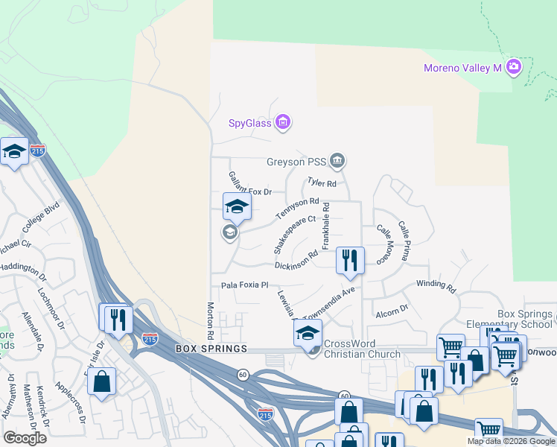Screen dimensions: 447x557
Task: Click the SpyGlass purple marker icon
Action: (282, 122)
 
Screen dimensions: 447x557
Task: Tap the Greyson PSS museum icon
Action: (338, 161)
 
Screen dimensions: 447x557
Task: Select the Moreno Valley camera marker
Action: (513, 68)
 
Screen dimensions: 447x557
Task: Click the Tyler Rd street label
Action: (322, 183)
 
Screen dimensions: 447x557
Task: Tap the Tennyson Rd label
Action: (297, 208)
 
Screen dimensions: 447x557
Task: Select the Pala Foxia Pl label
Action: (244, 285)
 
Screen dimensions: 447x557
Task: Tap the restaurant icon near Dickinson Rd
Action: (350, 260)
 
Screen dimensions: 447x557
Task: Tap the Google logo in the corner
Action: (25, 438)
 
